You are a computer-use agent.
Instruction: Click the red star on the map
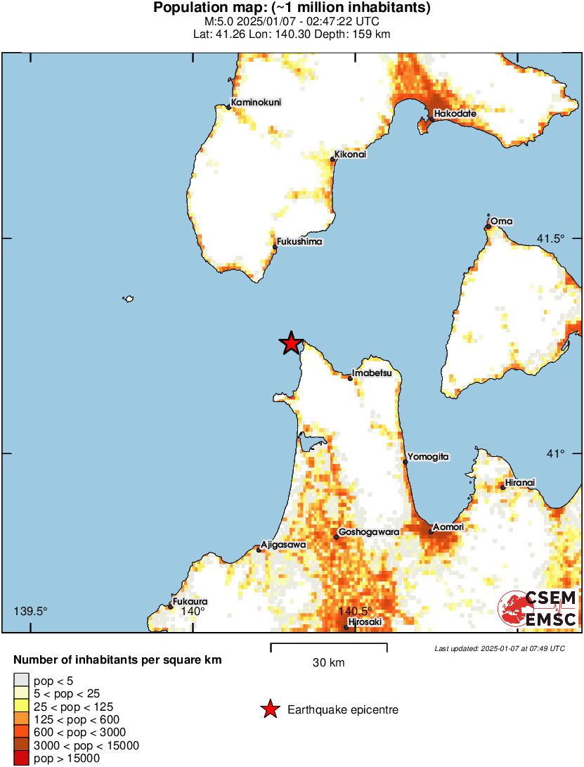[x=290, y=343]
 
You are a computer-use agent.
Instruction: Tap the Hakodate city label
[x=455, y=113]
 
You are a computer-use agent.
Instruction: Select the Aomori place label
[x=448, y=526]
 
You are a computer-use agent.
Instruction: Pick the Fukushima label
[x=299, y=242]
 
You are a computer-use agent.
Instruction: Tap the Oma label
[x=502, y=221]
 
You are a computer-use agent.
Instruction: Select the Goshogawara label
[x=369, y=532]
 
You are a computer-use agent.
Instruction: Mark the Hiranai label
[x=520, y=482]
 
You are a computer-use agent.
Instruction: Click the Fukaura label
[x=190, y=602]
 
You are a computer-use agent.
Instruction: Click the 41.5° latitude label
[x=551, y=239]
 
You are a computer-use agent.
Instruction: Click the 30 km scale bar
[x=329, y=644]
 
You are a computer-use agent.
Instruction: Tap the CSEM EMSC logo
[x=537, y=609]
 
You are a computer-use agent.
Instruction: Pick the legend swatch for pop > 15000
[x=22, y=758]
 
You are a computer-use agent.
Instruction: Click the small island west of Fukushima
[x=128, y=299]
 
